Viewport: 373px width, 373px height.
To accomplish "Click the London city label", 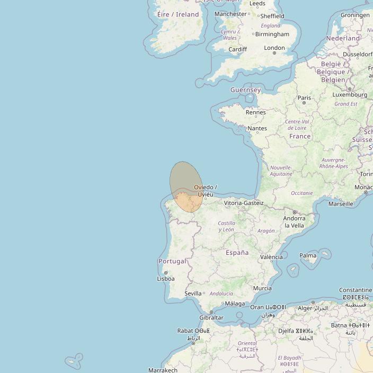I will coord(274,48).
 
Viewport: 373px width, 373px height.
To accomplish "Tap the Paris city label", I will coord(304,97).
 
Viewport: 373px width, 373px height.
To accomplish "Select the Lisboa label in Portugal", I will coord(166,278).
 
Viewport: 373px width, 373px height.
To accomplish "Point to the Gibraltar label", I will coord(211,318).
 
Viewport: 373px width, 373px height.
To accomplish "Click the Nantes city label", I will coord(257,128).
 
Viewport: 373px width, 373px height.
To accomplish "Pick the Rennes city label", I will coord(256,112).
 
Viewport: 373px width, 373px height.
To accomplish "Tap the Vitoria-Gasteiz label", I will coord(244,203).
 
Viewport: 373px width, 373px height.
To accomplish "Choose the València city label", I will coord(272,257).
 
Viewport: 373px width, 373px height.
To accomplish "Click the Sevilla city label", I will coord(193,293).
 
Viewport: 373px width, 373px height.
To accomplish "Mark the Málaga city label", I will coord(235,304).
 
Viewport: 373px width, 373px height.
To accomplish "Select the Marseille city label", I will coord(341,203).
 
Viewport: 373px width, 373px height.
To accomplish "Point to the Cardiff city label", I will coord(237,49).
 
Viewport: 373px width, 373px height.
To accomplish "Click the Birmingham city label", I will coord(272,34).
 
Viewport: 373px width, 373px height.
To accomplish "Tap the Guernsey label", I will coord(245,90).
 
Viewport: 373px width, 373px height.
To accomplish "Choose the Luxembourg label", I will coord(350,95).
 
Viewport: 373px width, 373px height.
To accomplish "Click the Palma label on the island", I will coord(308,255).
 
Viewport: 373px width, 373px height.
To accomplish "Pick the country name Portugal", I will coord(172,261).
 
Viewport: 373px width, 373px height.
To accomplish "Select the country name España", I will coord(237,253).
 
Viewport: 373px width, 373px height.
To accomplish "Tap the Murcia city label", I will coord(262,288).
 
